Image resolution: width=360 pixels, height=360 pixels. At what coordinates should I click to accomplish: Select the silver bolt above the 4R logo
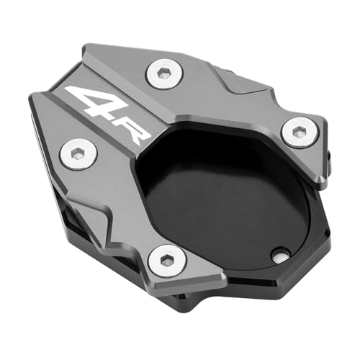[x=165, y=73]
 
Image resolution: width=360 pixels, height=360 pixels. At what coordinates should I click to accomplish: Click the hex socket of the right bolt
[x=298, y=131]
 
